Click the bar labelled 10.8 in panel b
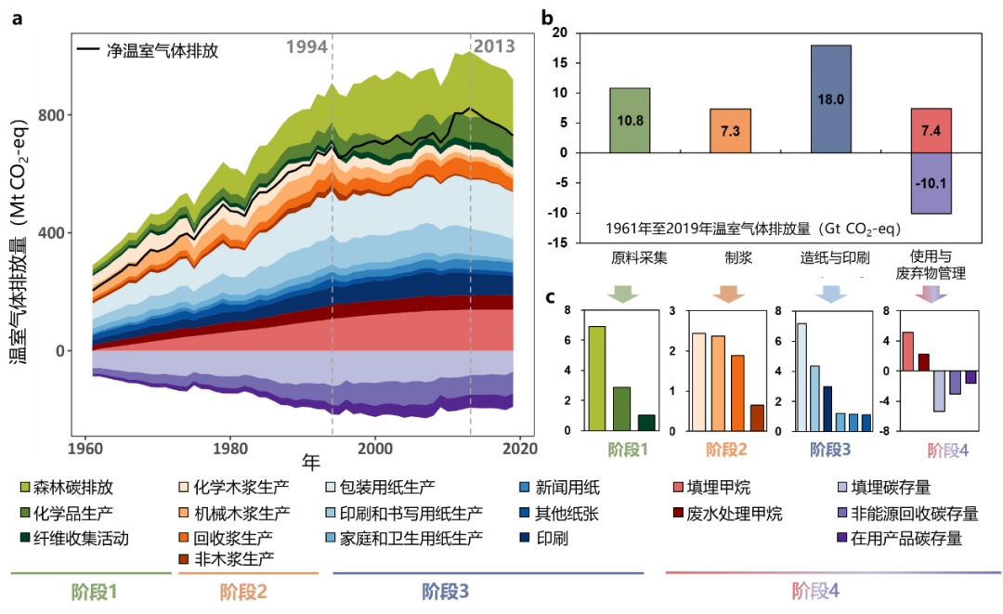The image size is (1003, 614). [x=629, y=120]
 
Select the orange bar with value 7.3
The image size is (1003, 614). [x=730, y=130]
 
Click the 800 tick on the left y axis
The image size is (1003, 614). [x=56, y=115]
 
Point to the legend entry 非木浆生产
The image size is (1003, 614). [x=229, y=558]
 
